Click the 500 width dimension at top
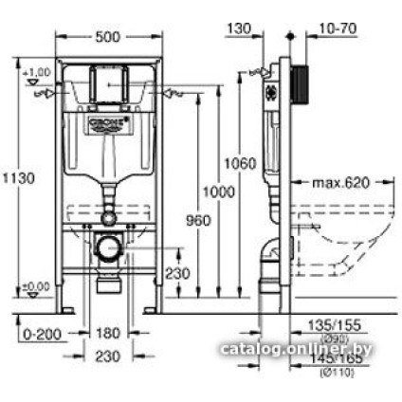pyautogui.click(x=108, y=37)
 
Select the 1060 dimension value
pyautogui.click(x=239, y=164)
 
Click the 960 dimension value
pyautogui.click(x=197, y=220)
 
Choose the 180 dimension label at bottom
pyautogui.click(x=110, y=333)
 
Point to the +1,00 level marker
pyautogui.click(x=37, y=72)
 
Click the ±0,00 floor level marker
pyautogui.click(x=37, y=286)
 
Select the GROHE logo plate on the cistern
pyautogui.click(x=108, y=123)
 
